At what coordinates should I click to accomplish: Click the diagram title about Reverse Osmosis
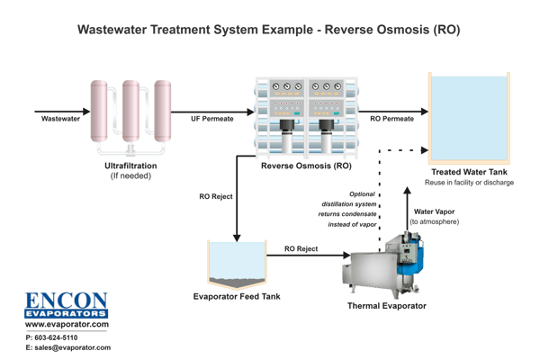[x=269, y=30]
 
